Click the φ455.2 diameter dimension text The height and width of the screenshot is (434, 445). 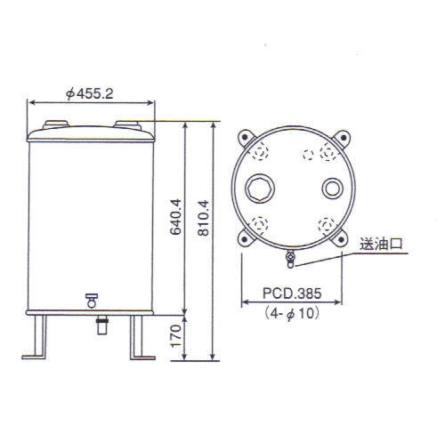90,94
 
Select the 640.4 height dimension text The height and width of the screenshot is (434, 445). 175,217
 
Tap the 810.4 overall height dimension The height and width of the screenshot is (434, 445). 204,218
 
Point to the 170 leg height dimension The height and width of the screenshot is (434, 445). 175,335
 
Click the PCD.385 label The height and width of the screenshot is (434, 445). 292,293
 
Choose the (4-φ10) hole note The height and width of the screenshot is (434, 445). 292,313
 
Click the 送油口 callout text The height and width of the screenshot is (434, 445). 381,245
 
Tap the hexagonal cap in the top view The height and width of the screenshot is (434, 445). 260,189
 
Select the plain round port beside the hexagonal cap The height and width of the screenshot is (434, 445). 333,189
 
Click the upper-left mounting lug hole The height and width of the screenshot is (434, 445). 245,137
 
